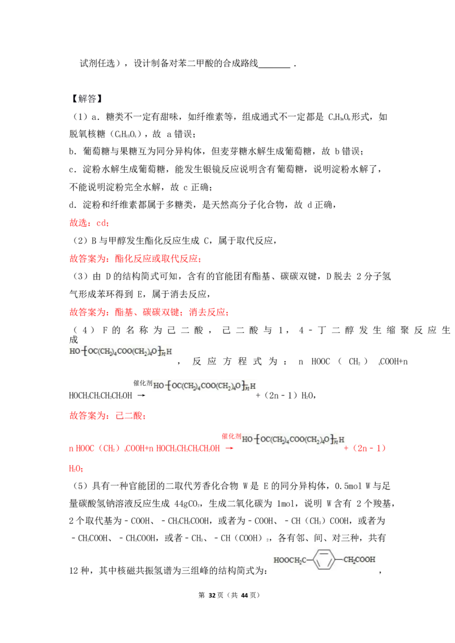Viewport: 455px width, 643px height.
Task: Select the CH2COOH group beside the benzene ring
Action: click(x=359, y=560)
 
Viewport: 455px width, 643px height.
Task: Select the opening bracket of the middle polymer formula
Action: click(x=169, y=387)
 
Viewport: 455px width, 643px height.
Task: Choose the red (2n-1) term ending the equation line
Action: click(x=370, y=449)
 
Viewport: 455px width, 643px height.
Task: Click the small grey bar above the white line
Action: click(x=274, y=66)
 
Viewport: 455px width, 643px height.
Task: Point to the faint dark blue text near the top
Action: click(x=86, y=99)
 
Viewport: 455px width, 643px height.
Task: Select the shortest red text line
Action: click(x=89, y=224)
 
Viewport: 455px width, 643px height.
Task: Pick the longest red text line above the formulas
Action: click(x=149, y=313)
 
